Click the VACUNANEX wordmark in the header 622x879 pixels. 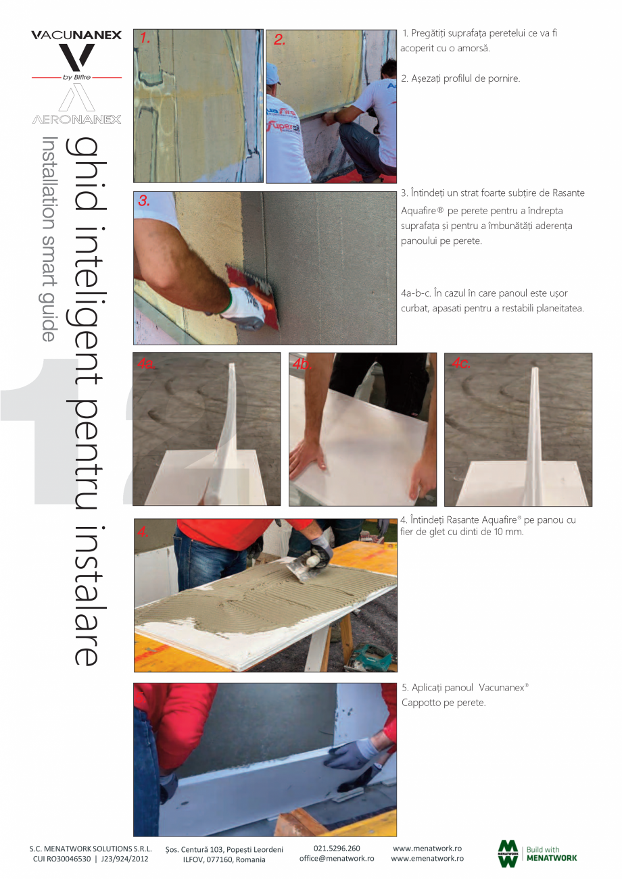pyautogui.click(x=76, y=35)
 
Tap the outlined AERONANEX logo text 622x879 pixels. pyautogui.click(x=76, y=120)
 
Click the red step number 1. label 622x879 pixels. pyautogui.click(x=145, y=39)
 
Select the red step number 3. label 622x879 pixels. pyautogui.click(x=144, y=201)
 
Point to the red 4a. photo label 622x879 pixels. pyautogui.click(x=147, y=363)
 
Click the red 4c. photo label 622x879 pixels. pyautogui.click(x=460, y=363)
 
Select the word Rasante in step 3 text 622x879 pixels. pyautogui.click(x=568, y=193)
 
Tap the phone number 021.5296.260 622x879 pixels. pyautogui.click(x=337, y=849)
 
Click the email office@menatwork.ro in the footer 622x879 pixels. pyautogui.click(x=337, y=858)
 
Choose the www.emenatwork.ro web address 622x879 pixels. pyautogui.click(x=427, y=858)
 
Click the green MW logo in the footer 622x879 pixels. pyautogui.click(x=508, y=854)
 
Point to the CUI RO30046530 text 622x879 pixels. pyautogui.click(x=62, y=859)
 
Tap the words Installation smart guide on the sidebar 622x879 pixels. pyautogui.click(x=50, y=238)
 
